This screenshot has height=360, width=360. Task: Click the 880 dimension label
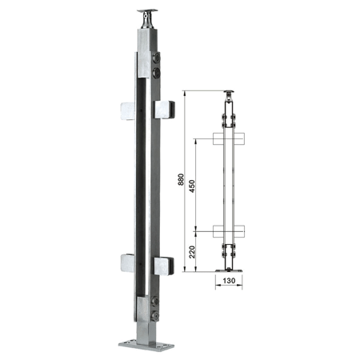[x=181, y=179]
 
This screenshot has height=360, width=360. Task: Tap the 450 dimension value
[x=192, y=186]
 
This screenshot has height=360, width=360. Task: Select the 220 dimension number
[x=192, y=252]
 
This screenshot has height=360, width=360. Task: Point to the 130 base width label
[x=229, y=281]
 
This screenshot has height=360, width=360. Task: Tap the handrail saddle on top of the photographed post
[x=147, y=18]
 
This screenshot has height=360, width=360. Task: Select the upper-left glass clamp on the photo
[x=127, y=111]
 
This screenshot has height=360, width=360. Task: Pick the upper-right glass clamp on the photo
[x=164, y=110]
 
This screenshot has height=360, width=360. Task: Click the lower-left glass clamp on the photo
[x=127, y=263]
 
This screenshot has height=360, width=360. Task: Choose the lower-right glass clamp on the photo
[x=164, y=266]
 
